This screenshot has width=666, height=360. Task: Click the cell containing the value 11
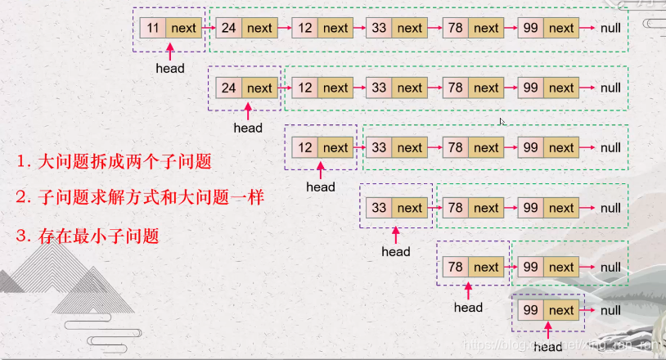point(153,28)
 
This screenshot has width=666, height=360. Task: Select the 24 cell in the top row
point(229,28)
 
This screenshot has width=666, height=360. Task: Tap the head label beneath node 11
point(170,68)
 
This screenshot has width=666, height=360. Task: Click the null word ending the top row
point(610,28)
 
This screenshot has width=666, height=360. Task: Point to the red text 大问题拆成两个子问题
point(114,161)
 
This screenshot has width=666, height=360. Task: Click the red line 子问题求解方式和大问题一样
point(140,198)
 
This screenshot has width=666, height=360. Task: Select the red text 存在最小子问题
point(88,236)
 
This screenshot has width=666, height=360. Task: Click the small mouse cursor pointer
point(502,122)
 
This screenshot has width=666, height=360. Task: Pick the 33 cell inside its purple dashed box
point(379,208)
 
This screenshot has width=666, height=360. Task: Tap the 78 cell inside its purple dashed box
point(455,267)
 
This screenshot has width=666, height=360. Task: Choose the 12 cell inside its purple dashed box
point(305,148)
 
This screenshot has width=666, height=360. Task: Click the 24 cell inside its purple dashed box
point(229,88)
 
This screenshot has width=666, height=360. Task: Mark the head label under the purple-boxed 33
point(396,251)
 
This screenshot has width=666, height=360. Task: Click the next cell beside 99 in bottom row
point(561,310)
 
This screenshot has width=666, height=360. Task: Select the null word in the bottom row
point(610,310)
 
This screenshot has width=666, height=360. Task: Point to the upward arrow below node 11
point(170,51)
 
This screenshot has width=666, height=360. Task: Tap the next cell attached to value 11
point(184,28)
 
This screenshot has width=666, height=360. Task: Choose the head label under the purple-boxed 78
point(468,308)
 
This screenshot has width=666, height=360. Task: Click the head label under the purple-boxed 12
point(321,187)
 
